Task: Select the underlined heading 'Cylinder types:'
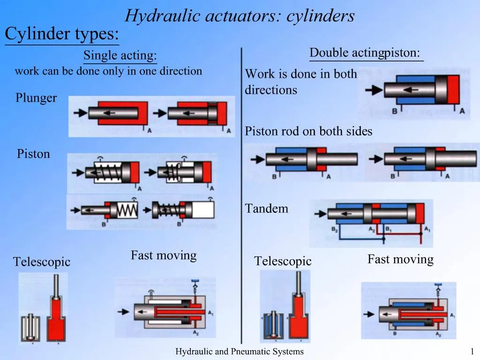(x=61, y=34)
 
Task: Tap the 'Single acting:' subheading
(x=120, y=56)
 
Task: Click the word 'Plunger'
(x=36, y=98)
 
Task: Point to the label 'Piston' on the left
(x=33, y=154)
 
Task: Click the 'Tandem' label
(x=267, y=209)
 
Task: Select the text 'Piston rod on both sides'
(x=308, y=132)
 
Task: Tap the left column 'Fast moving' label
(x=163, y=255)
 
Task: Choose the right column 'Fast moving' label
(x=400, y=259)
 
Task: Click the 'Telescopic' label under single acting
(x=42, y=262)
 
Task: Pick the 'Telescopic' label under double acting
(x=283, y=261)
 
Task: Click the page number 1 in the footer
(x=472, y=352)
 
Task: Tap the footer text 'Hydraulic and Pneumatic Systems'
(x=240, y=352)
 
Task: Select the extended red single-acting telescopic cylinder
(x=57, y=314)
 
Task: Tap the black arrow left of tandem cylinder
(x=320, y=214)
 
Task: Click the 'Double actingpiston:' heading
(x=365, y=53)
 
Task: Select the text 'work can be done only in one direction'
(x=108, y=71)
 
